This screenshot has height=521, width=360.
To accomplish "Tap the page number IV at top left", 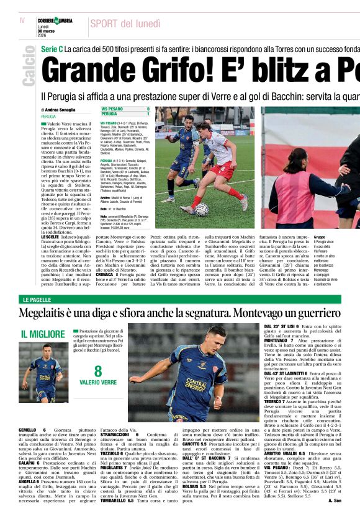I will point(22,21).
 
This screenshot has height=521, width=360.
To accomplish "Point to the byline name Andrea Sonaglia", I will point(63,110).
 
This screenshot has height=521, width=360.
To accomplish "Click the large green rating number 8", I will point(98,372).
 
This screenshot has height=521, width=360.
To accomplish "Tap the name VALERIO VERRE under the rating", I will point(98,383).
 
